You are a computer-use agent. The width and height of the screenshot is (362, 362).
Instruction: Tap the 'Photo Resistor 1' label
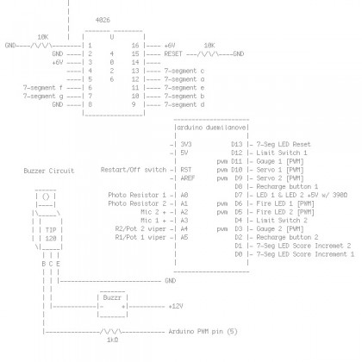[x=136, y=195]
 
